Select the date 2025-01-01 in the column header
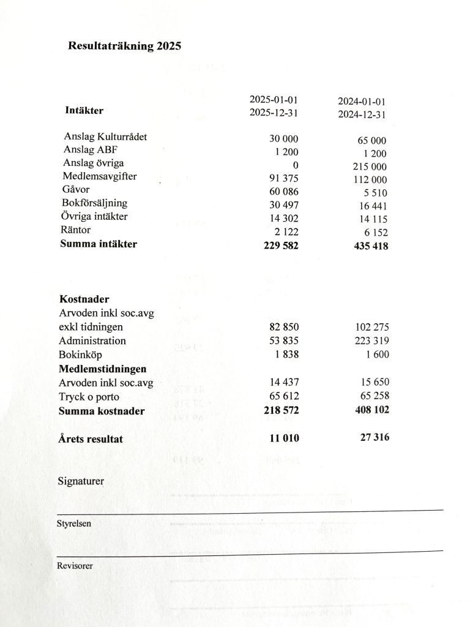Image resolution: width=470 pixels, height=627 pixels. [x=274, y=100]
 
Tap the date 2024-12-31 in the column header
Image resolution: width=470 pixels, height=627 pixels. [x=362, y=115]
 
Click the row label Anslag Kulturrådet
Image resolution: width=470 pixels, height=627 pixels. [x=105, y=137]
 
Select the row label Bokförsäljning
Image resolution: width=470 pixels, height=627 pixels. [x=94, y=203]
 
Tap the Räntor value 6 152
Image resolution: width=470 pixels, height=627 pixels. [x=374, y=233]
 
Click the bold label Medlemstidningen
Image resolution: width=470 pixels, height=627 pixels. [x=102, y=369]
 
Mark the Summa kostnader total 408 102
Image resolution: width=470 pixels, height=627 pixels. [x=367, y=410]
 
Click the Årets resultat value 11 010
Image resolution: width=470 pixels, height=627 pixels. [x=282, y=438]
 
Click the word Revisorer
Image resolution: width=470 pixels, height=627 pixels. [x=75, y=566]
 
